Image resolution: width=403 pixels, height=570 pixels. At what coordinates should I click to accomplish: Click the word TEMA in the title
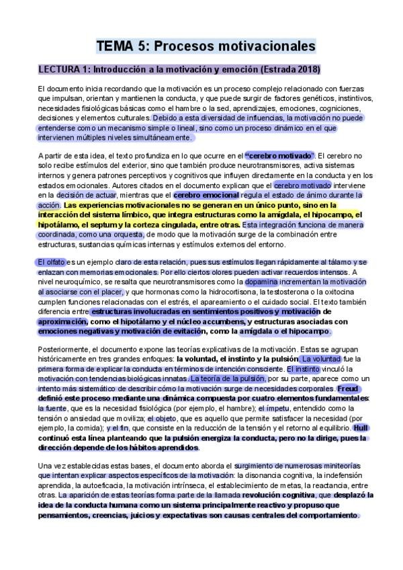(x=115, y=46)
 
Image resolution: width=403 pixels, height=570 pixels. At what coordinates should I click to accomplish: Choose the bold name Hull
(x=360, y=427)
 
